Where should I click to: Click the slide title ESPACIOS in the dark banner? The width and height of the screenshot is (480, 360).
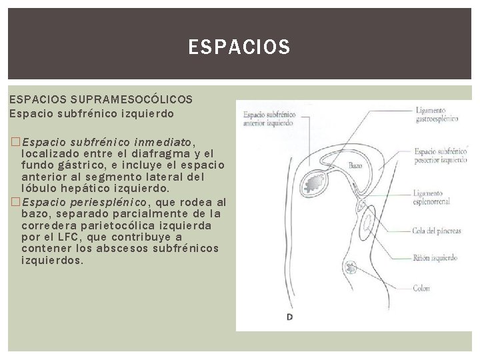click(239, 47)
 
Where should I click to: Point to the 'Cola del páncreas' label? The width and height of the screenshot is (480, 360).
click(437, 231)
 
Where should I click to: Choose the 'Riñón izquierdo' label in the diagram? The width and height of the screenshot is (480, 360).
click(435, 258)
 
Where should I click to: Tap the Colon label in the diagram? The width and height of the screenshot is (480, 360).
click(421, 289)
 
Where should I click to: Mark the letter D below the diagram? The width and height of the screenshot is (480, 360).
click(289, 317)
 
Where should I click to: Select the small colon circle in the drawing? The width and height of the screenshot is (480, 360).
click(350, 268)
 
